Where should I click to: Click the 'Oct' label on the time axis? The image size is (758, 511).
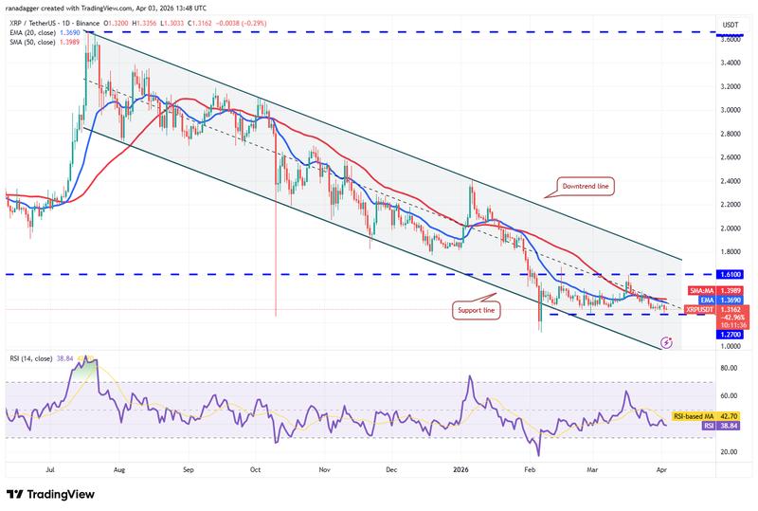pyautogui.click(x=255, y=469)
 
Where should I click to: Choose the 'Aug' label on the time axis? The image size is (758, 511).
pyautogui.click(x=120, y=469)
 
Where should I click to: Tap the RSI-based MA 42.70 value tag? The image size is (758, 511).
pyautogui.click(x=702, y=416)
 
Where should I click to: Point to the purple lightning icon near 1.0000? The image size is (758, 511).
pyautogui.click(x=668, y=338)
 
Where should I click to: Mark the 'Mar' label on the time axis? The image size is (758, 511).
pyautogui.click(x=594, y=469)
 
